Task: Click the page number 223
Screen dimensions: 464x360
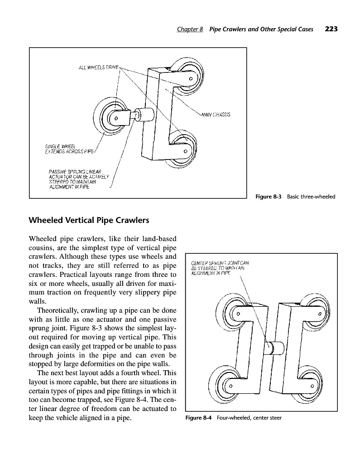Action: pos(331,29)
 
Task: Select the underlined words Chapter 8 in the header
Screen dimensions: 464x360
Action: pos(190,29)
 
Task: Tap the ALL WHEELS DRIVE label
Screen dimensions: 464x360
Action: pos(98,67)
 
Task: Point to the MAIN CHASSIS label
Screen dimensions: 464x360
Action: pos(216,115)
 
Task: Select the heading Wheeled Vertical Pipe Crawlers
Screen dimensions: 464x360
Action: pos(89,221)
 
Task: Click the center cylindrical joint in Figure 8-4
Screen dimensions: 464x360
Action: pos(275,348)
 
